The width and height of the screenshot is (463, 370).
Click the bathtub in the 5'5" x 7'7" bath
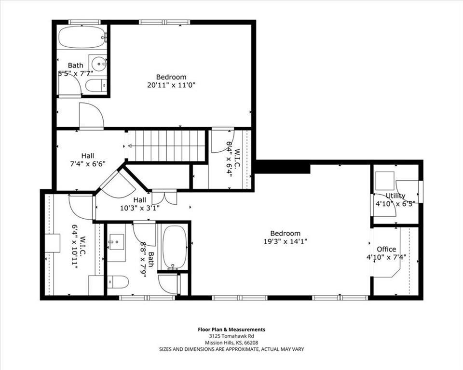82,37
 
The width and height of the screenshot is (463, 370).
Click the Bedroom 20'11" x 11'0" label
171,81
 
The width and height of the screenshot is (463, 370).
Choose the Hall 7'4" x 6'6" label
87,159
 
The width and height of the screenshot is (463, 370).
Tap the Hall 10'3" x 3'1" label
139,204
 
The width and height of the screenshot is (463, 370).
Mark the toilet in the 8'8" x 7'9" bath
117,281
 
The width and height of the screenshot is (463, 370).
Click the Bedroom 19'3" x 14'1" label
285,237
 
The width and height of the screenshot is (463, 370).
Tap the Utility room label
395,199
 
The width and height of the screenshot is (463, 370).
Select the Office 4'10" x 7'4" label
386,253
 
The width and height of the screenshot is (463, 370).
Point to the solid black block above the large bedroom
282,167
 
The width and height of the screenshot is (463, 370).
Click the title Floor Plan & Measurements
231,330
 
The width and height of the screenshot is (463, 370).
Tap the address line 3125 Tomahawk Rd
231,336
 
